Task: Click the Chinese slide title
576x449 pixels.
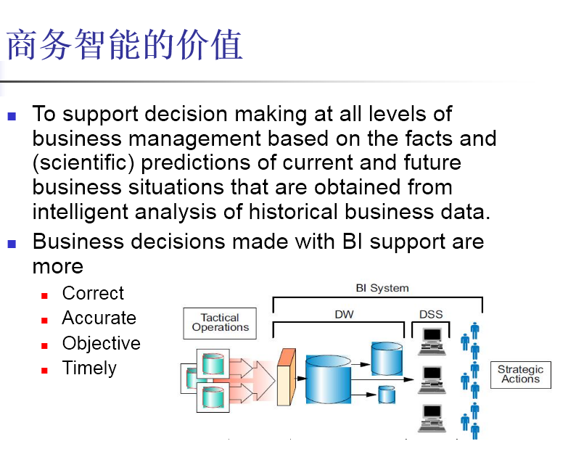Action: [124, 46]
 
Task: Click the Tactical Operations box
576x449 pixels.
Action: [220, 322]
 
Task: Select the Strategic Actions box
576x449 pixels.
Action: [520, 374]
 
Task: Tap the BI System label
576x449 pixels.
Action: [382, 288]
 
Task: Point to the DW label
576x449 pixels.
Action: [344, 314]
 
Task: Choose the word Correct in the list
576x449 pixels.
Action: [93, 294]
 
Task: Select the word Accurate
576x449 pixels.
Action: [99, 318]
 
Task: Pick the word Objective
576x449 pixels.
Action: [101, 343]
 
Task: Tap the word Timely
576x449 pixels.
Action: [89, 368]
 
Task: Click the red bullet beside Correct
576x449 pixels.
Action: [45, 296]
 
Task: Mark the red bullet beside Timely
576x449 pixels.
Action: [45, 370]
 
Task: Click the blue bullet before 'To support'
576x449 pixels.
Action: [12, 116]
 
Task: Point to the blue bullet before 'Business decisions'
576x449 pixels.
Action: [12, 244]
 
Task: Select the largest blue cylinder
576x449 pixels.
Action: [333, 379]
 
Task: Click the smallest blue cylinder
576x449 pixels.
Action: [387, 395]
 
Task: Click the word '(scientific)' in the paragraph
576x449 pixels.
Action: [81, 162]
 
